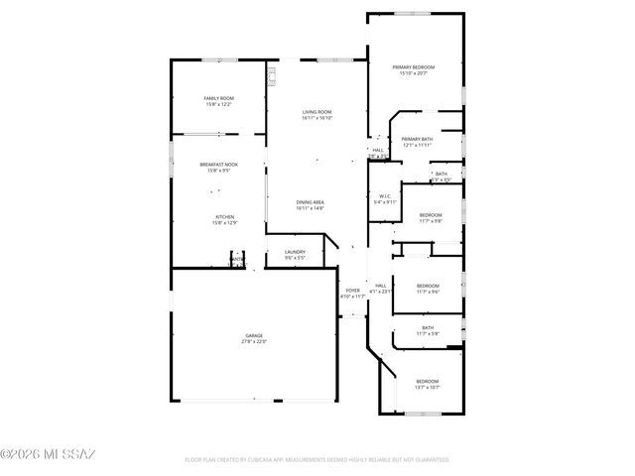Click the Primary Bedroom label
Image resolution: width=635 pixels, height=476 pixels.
click(x=415, y=66)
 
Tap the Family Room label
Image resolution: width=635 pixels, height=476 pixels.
click(x=218, y=98)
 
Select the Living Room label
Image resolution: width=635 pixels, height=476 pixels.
click(x=317, y=112)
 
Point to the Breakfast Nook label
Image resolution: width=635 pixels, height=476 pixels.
click(x=218, y=165)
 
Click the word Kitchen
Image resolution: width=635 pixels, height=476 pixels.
click(x=225, y=216)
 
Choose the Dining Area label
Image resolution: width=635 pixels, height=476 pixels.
click(x=310, y=202)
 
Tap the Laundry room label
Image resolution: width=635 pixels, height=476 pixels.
click(x=295, y=252)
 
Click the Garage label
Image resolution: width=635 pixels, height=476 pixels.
click(x=255, y=336)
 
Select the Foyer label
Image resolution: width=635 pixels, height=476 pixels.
click(x=352, y=290)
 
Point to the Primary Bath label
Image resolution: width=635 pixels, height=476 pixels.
click(x=417, y=139)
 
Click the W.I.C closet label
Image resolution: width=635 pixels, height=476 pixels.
click(x=387, y=196)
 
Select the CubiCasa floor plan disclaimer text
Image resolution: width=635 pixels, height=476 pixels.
click(x=317, y=460)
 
